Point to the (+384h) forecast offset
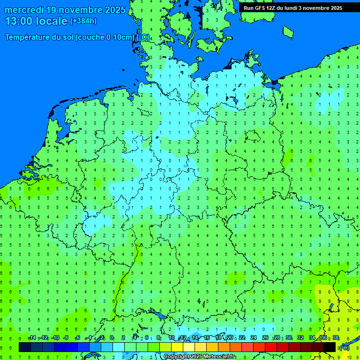point(83,21)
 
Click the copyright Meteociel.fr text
point(199,357)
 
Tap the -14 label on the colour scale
point(32,338)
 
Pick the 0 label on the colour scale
point(112,338)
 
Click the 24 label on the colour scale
point(254,338)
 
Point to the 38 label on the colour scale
point(336,338)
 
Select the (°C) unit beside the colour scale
point(344,347)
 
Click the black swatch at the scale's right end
point(330,347)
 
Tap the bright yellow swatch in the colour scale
point(177,347)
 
